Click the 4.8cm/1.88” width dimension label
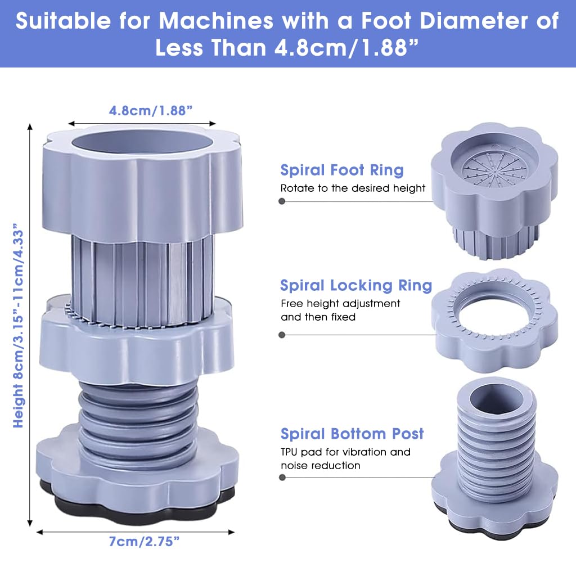(x=151, y=111)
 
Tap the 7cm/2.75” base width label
(x=144, y=542)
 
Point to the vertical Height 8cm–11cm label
(x=18, y=325)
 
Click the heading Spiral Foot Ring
(x=342, y=170)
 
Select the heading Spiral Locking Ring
(x=356, y=285)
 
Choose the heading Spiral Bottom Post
(x=352, y=434)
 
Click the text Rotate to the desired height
(x=353, y=188)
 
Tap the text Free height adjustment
(x=340, y=303)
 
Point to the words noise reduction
(x=320, y=465)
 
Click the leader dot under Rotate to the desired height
(x=282, y=201)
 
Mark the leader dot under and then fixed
(x=282, y=335)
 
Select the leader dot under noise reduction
(x=282, y=477)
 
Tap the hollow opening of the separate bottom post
(x=496, y=400)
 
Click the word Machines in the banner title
(x=216, y=21)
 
